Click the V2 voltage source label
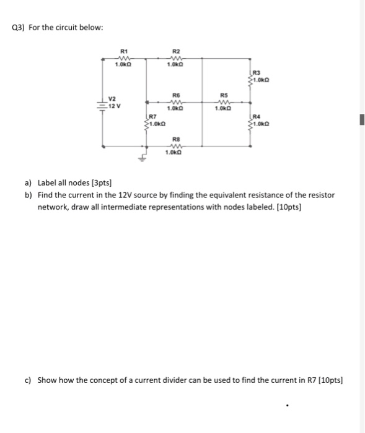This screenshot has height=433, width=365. click(112, 97)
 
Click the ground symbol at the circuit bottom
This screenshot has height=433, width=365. click(147, 157)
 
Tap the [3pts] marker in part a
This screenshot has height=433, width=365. click(100, 183)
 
